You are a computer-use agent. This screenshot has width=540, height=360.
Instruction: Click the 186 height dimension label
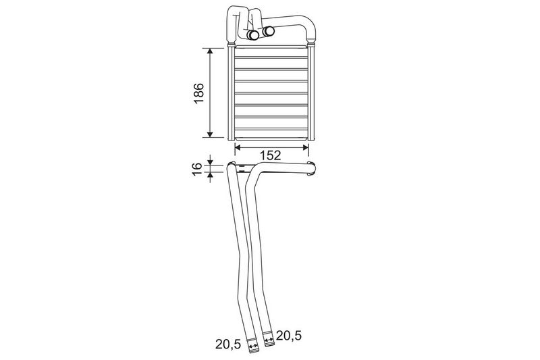198,93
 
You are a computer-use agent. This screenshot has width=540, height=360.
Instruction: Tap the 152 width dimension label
271,155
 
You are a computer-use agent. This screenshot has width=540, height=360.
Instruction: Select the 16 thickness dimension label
196,169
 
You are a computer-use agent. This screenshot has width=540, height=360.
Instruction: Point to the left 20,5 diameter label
228,344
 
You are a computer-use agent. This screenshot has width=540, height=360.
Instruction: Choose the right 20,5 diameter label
289,335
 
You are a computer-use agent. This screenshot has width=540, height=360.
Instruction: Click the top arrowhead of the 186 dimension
210,52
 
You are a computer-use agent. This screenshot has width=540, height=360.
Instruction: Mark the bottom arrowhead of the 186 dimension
210,134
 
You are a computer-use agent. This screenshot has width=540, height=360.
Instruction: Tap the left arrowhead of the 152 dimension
238,147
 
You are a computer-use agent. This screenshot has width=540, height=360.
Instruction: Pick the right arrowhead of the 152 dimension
305,147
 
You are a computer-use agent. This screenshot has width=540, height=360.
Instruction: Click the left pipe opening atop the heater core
254,35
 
